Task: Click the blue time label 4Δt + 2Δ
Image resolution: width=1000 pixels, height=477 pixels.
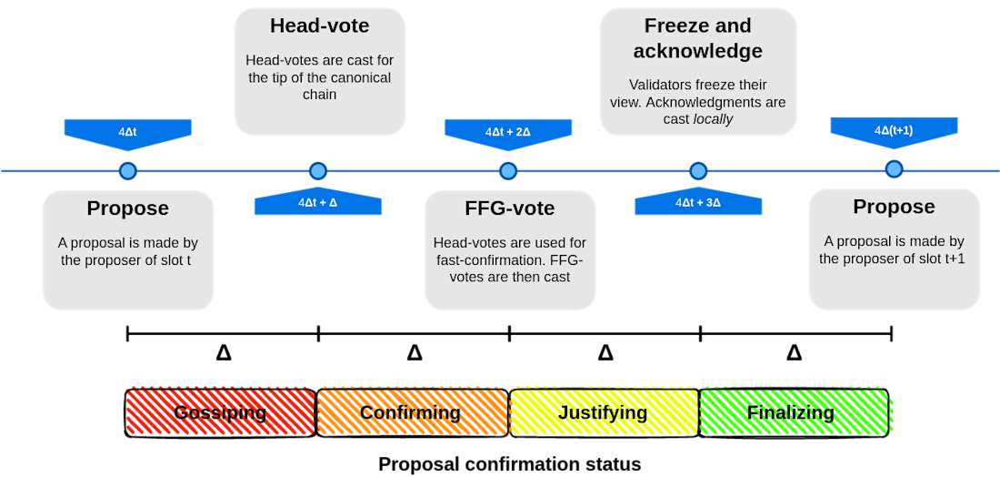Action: click(507, 132)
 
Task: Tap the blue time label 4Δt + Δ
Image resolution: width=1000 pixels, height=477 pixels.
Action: click(317, 202)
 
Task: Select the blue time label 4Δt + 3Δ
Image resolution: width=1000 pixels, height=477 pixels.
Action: click(698, 202)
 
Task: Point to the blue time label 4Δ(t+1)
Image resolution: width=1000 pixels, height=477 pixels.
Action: click(894, 131)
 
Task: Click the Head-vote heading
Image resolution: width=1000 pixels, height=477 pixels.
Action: click(319, 25)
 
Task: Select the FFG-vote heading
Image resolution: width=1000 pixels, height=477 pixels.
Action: click(510, 208)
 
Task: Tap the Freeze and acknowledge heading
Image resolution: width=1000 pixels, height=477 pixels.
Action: click(698, 37)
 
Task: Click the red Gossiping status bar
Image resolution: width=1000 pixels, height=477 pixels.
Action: click(221, 412)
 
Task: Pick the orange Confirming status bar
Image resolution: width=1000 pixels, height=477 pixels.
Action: click(411, 412)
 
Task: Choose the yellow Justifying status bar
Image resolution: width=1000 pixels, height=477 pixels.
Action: click(603, 412)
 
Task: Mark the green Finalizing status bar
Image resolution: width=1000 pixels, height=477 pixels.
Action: click(791, 412)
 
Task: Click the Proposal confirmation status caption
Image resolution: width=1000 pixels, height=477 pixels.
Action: click(509, 464)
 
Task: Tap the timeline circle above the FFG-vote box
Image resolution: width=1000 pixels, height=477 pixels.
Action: click(508, 170)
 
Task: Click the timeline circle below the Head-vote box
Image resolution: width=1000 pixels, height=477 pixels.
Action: click(317, 170)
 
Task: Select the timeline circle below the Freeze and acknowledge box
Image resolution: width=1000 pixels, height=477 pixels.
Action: click(698, 170)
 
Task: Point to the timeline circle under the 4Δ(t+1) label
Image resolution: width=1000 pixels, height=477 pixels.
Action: click(895, 169)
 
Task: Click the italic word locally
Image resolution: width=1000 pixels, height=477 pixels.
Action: click(713, 119)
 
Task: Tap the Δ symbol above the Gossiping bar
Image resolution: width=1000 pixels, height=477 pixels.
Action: click(224, 352)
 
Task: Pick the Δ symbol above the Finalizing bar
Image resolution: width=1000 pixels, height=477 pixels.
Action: click(795, 352)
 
